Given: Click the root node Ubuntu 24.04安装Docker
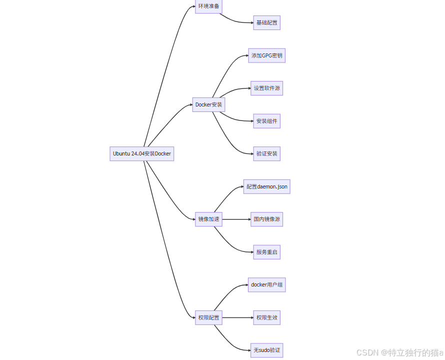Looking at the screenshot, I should coord(142,153).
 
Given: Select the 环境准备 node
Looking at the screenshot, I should coord(208,6).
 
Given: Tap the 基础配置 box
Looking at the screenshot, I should coord(266,23).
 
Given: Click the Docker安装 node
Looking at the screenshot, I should coord(209,105).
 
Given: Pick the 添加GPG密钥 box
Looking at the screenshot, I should coord(266,55).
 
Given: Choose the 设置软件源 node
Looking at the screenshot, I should coord(266,88).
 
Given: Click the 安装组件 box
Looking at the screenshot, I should coord(266,121).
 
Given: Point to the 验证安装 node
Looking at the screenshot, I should coord(266,153).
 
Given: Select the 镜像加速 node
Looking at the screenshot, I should coord(208,219).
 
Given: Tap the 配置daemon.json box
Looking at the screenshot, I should coord(266,186).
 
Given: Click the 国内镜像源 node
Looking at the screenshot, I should coord(266,219).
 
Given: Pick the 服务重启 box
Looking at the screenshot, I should coord(266,252).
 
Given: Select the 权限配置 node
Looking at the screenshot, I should coord(208,317).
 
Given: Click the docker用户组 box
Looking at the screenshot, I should coord(266,285).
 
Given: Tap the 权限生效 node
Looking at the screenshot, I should coord(266,317).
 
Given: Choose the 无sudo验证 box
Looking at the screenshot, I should coord(266,350).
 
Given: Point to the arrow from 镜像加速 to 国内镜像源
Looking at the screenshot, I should coord(236,219).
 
